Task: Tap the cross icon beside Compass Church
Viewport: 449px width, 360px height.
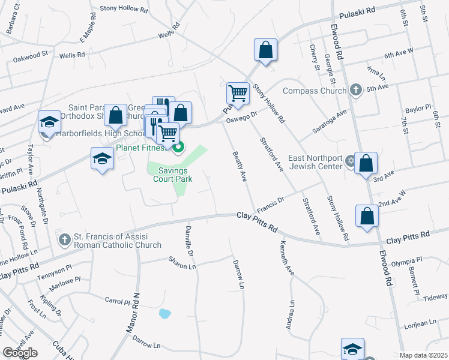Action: (355, 91)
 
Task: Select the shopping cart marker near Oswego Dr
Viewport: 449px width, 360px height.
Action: (238, 94)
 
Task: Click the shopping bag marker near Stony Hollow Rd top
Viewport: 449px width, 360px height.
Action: (265, 50)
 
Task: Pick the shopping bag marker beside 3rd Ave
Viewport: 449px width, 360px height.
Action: (366, 163)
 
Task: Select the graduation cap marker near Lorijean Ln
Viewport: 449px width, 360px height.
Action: (352, 348)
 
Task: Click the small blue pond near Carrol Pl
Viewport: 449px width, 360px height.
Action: (164, 313)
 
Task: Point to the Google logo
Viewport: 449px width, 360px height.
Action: (20, 353)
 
